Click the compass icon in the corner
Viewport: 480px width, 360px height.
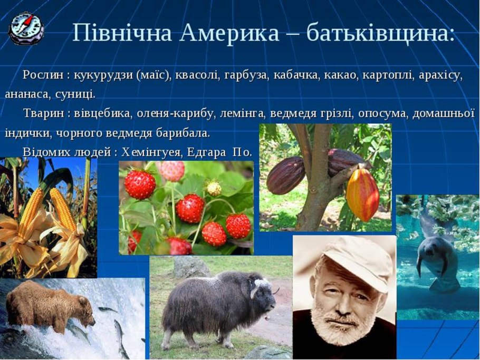click(26, 28)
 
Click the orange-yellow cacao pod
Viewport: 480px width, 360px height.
click(362, 194)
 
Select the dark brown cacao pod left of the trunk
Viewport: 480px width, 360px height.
click(285, 175)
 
